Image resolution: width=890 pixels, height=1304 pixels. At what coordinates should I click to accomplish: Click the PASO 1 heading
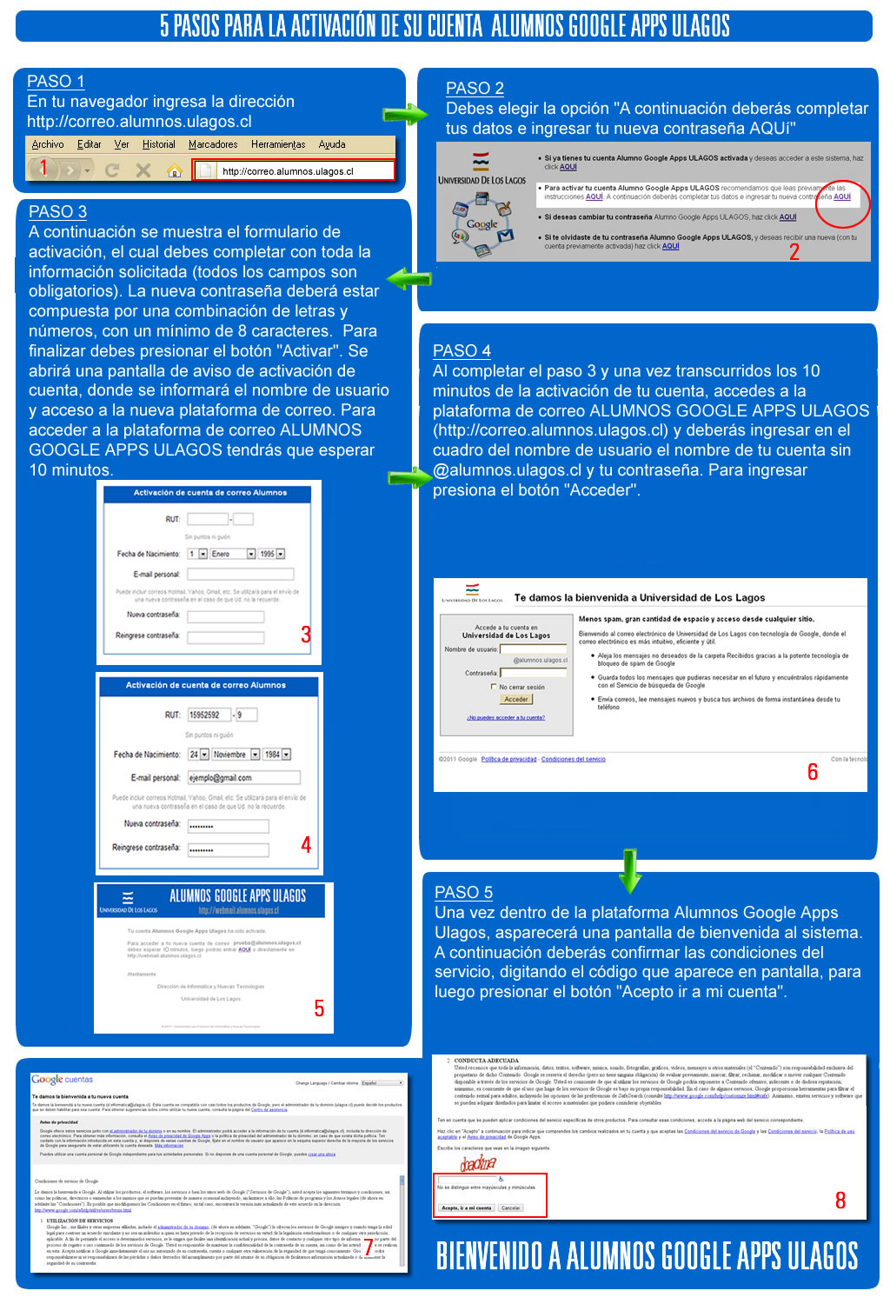pos(56,82)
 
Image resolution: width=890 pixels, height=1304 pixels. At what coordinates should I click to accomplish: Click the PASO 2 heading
pos(475,89)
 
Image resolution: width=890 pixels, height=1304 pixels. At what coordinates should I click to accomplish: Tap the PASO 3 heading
pos(57,212)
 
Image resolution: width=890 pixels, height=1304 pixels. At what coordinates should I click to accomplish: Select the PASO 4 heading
pos(462,351)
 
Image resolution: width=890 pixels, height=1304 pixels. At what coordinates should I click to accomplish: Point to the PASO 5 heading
pos(463,893)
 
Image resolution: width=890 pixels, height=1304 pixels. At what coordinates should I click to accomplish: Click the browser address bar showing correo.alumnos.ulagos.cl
pos(294,171)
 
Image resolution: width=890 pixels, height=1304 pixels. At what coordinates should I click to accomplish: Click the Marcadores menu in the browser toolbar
pos(213,144)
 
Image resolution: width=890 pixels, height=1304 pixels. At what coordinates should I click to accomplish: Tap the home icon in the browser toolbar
pos(174,170)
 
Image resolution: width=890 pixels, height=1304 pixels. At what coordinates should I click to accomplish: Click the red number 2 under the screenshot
pos(794,252)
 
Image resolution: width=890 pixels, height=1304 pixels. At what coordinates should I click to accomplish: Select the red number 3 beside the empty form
pos(306,635)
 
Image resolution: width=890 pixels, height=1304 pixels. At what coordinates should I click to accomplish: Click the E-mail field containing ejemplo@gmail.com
pos(243,778)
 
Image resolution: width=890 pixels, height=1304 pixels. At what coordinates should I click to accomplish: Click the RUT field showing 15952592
pos(209,715)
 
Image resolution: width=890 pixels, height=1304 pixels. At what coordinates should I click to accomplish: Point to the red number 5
pos(319,1008)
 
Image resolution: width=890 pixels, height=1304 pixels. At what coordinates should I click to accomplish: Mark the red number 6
pos(813,772)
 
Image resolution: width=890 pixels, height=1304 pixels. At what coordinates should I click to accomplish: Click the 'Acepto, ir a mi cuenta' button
pos(467,1208)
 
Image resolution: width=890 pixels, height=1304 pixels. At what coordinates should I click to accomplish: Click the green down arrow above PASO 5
pos(630,872)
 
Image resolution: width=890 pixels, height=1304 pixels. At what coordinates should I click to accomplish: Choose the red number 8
pos(840,1201)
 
